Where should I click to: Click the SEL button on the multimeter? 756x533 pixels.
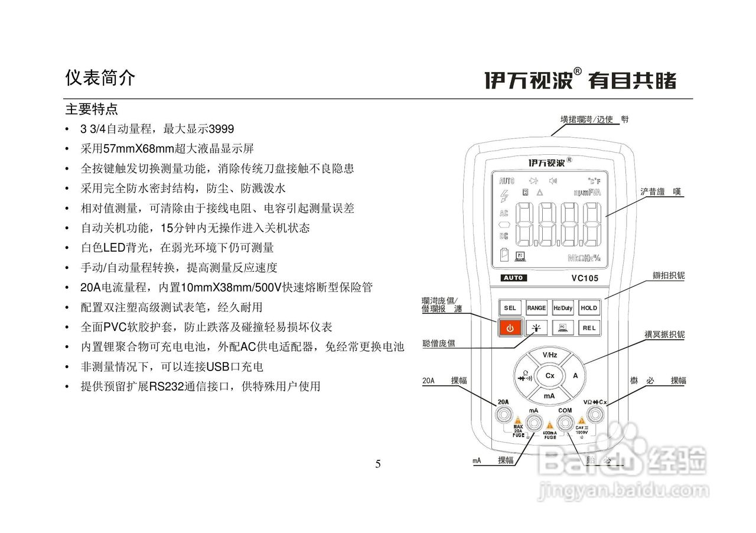pyautogui.click(x=510, y=308)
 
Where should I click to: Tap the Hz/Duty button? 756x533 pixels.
pyautogui.click(x=563, y=308)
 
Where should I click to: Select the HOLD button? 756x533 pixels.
pyautogui.click(x=589, y=308)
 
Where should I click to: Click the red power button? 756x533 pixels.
pyautogui.click(x=510, y=328)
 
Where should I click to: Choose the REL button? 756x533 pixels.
pyautogui.click(x=589, y=328)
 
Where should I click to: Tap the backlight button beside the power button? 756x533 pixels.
pyautogui.click(x=536, y=328)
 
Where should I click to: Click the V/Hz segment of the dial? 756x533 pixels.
pyautogui.click(x=549, y=355)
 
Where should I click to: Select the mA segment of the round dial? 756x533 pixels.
pyautogui.click(x=549, y=395)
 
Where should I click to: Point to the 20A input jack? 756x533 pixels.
pyautogui.click(x=504, y=416)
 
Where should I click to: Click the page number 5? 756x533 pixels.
pyautogui.click(x=378, y=464)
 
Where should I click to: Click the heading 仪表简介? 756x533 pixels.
pyautogui.click(x=100, y=78)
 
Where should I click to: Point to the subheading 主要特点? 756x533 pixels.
pyautogui.click(x=92, y=110)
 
